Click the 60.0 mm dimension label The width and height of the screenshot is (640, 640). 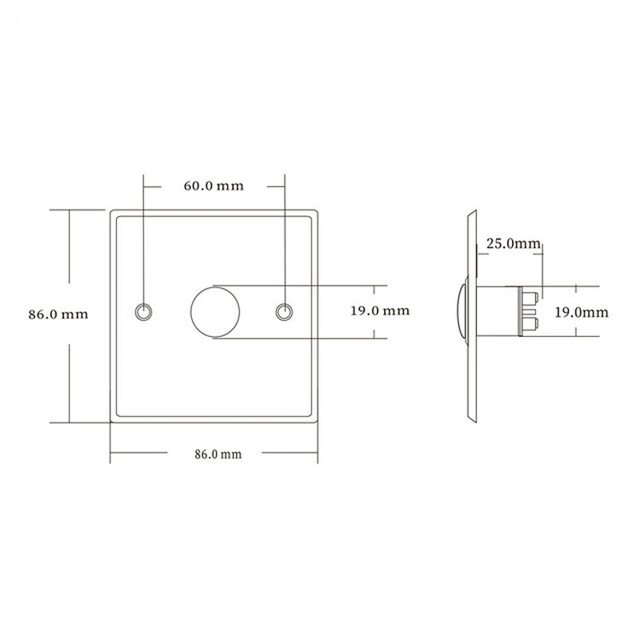[213, 186]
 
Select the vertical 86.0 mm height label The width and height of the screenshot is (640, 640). [58, 314]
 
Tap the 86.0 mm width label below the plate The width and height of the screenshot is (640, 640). [218, 454]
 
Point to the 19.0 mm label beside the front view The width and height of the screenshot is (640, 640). [380, 311]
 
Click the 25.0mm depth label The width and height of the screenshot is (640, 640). [513, 244]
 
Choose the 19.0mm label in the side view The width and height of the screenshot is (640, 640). [581, 312]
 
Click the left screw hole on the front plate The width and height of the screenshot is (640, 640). [143, 312]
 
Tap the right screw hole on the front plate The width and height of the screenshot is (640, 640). [284, 312]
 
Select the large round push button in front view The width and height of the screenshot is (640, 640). [215, 312]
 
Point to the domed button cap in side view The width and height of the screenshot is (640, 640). [462, 311]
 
